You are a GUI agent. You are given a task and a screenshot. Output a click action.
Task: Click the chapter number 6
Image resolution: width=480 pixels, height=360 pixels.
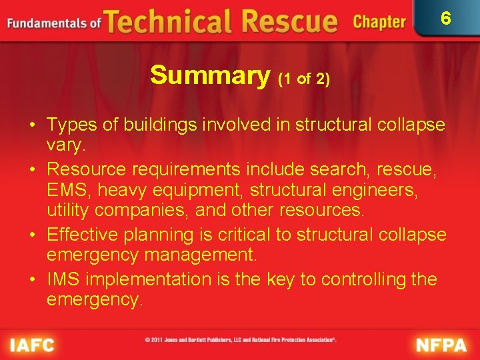(x=446, y=18)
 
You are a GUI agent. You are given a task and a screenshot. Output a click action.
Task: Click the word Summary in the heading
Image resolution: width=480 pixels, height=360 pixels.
(x=209, y=75)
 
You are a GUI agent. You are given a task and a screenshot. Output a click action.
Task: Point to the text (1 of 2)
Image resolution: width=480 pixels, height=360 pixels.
(x=304, y=79)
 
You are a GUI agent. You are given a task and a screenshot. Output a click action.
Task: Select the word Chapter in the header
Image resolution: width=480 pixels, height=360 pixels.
(x=379, y=22)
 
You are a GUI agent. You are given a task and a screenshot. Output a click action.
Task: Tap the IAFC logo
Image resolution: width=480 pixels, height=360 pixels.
(x=32, y=345)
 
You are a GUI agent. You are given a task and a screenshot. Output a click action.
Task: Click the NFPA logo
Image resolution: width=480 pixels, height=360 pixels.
(x=441, y=345)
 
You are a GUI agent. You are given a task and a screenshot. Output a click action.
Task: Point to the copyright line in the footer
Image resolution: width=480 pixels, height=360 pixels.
(x=241, y=339)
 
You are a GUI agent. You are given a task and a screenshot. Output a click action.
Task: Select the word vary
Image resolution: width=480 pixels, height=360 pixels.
(x=65, y=145)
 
